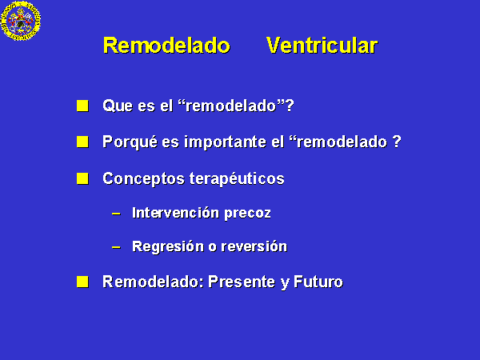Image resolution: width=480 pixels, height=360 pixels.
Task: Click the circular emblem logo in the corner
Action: (x=21, y=21)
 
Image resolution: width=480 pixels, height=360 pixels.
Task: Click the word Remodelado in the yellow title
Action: (x=166, y=46)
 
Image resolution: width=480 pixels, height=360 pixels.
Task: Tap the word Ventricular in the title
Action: (x=322, y=46)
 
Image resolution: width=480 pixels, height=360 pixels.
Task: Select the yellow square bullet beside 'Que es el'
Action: (x=82, y=106)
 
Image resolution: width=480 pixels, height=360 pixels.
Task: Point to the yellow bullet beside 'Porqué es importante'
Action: (x=82, y=142)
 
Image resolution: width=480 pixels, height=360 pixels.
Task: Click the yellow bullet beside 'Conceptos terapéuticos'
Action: (x=82, y=178)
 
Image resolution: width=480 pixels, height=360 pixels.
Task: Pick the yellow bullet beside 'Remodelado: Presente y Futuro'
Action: (x=82, y=282)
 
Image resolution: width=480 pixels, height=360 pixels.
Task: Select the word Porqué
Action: (x=130, y=142)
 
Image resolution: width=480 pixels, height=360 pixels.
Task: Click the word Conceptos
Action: (x=143, y=179)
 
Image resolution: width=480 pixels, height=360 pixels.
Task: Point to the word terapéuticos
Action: (x=237, y=179)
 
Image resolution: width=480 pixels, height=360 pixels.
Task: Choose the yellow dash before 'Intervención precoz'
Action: (x=116, y=214)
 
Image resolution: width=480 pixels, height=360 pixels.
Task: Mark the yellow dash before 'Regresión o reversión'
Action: (x=116, y=246)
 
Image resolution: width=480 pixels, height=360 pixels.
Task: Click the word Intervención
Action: (x=176, y=213)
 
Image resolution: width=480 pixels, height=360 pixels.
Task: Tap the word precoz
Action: (x=248, y=214)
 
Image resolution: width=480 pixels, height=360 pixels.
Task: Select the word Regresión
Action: (x=168, y=247)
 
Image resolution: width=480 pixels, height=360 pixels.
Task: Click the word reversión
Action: (x=254, y=246)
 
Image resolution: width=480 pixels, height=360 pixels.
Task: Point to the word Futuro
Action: (x=318, y=282)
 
